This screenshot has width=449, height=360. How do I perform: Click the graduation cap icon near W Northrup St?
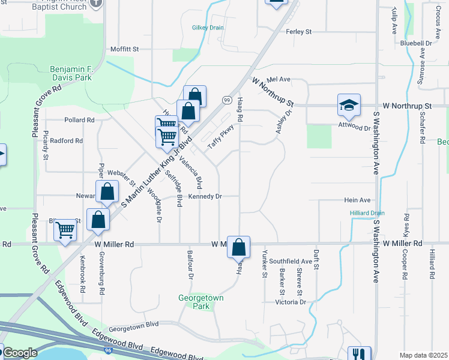(x=349, y=105)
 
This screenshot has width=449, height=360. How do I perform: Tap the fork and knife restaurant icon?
(x=359, y=354)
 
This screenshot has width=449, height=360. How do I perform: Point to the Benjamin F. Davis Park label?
(x=83, y=73)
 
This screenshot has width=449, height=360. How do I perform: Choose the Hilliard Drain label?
(x=367, y=213)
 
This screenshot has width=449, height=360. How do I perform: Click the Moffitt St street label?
(x=125, y=49)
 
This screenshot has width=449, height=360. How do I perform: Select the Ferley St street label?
(x=299, y=31)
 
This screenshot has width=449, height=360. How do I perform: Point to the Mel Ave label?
(x=279, y=79)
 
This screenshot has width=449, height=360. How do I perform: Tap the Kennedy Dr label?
(x=205, y=196)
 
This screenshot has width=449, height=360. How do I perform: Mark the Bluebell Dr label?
(x=416, y=44)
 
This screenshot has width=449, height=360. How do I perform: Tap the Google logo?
(x=20, y=353)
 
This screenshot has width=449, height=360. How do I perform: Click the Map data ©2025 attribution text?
(x=424, y=355)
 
